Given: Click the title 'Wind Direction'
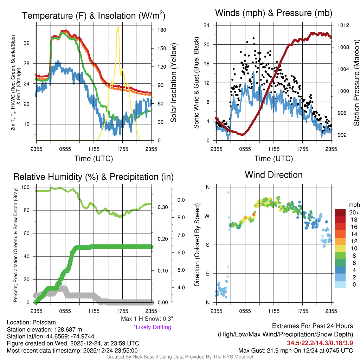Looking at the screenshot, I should click(274, 175).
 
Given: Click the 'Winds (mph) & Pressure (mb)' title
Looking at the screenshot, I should click(274, 13).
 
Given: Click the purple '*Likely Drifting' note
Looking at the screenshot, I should click(152, 327).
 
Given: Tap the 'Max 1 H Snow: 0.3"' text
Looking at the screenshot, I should click(147, 319).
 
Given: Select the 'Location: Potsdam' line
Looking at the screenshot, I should click(31, 322).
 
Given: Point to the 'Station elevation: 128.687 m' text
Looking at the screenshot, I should click(44, 329).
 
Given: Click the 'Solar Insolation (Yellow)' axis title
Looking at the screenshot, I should click(174, 83).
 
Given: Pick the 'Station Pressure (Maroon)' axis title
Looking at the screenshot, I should click(356, 83).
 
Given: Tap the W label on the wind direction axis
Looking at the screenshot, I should click(207, 216).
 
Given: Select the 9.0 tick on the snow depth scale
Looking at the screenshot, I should click(181, 200).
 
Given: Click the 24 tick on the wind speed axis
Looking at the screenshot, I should click(207, 25).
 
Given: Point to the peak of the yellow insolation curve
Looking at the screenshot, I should click(118, 27).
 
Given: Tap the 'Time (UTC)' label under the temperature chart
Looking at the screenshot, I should click(94, 159).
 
